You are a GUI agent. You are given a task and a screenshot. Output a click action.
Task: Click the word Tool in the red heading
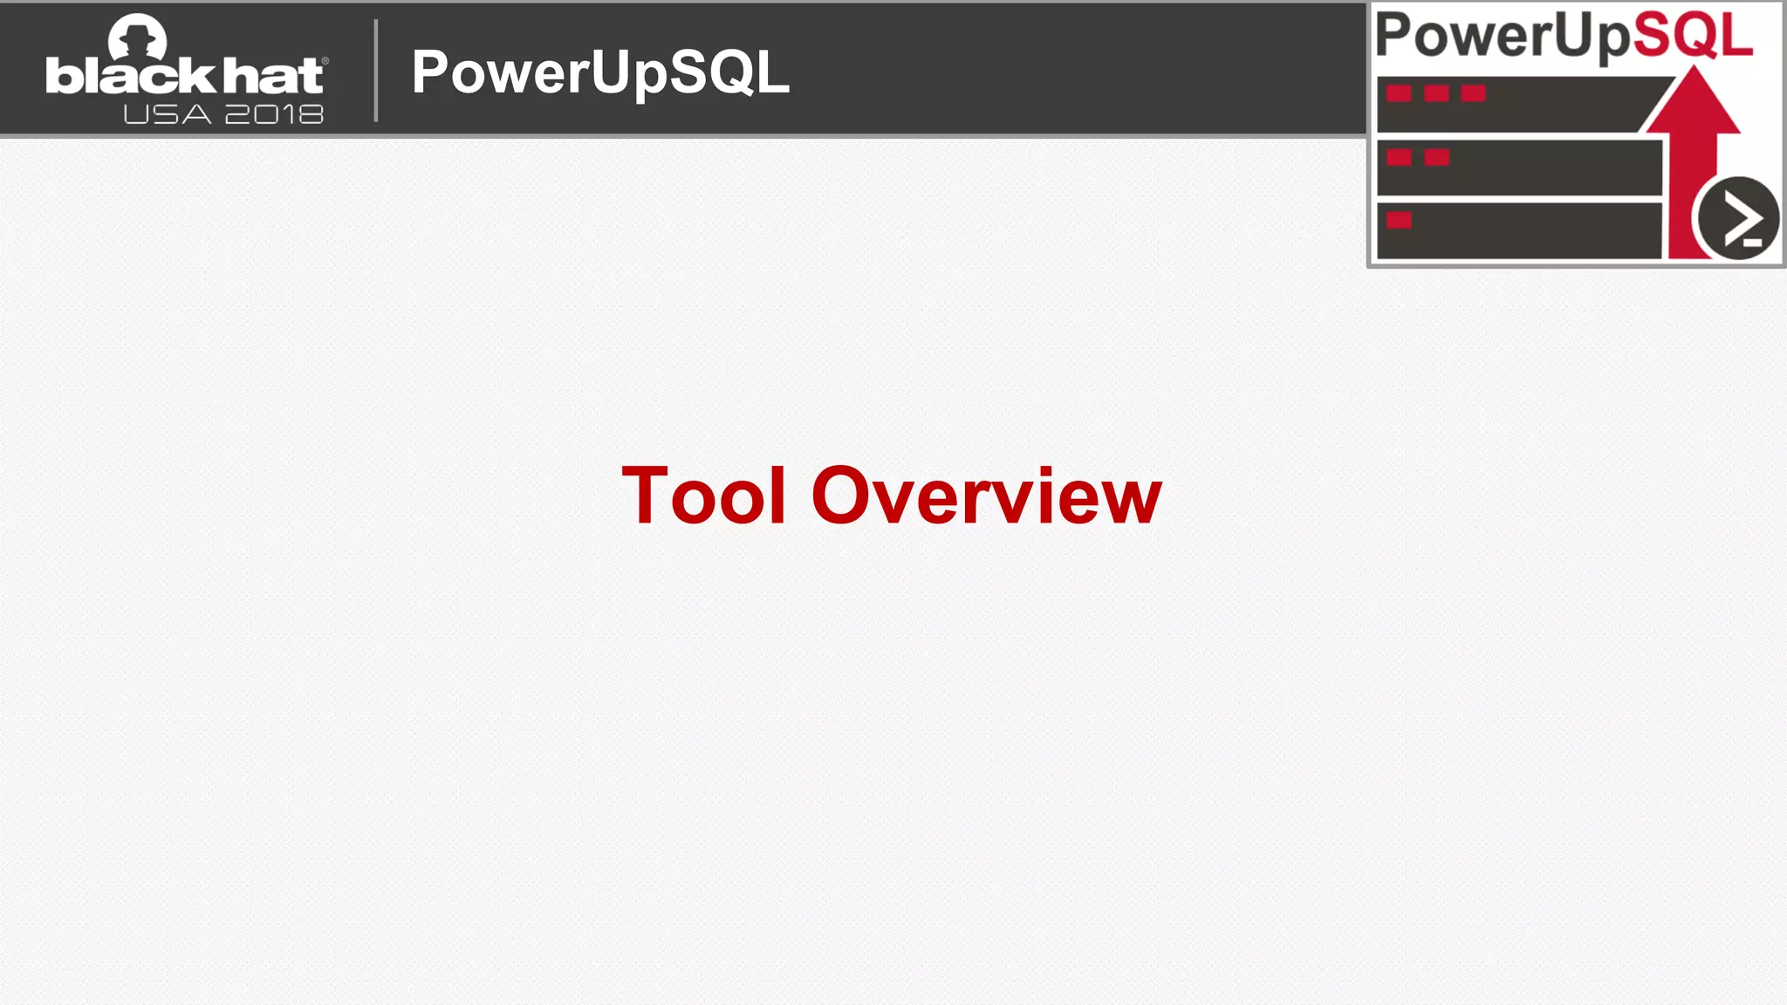coord(703,496)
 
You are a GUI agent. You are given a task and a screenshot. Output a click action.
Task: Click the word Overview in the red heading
coord(986,496)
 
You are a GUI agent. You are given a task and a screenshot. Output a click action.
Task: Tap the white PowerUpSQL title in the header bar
coord(600,72)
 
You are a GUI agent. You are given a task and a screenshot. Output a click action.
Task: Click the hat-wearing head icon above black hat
coord(137,38)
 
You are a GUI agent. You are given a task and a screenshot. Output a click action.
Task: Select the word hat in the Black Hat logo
coord(272,77)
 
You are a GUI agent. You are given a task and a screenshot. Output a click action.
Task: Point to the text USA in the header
coord(167,114)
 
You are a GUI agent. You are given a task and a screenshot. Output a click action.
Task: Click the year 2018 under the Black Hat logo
coord(274,114)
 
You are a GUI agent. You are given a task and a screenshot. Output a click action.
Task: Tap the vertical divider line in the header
coord(376,70)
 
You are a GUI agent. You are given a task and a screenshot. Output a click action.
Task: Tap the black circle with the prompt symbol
coord(1736,218)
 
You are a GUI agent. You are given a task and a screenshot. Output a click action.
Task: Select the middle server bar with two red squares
coord(1518,167)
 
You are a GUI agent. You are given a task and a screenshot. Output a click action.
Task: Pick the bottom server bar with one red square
coord(1518,231)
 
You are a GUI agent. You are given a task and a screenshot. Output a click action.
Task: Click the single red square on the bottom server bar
coord(1399,220)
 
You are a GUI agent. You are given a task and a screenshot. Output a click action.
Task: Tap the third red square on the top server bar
coord(1473,93)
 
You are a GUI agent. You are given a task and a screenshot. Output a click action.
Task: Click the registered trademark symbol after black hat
coord(325,60)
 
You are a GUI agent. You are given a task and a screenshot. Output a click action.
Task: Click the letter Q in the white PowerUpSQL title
coord(735,72)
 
